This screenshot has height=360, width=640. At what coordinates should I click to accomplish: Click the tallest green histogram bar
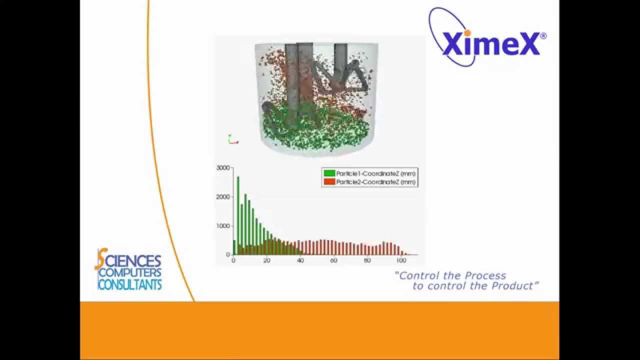point(238,215)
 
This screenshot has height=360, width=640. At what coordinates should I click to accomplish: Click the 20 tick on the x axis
point(266,260)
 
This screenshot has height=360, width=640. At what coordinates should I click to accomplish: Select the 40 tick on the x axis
point(300,260)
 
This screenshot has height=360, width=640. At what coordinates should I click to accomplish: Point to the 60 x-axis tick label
point(333,260)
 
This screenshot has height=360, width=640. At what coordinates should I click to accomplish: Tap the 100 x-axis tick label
point(400,260)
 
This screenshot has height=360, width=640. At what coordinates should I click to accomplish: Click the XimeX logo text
point(491,43)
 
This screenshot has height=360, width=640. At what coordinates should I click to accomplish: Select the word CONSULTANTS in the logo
point(129,285)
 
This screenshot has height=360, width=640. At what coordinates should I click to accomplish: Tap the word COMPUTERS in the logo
point(130,273)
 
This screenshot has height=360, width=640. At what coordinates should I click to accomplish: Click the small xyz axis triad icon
point(232,139)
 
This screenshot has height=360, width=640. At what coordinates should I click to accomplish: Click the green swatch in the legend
point(329,173)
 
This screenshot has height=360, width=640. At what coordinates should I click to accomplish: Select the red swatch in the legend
point(329,182)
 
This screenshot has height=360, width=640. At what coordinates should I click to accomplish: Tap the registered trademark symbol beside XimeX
point(543,36)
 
